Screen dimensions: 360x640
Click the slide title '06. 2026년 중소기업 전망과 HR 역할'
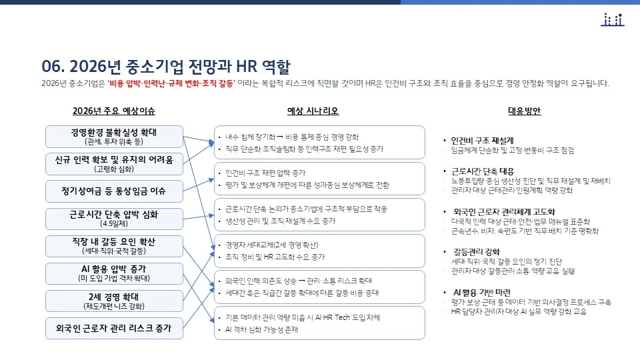(166, 66)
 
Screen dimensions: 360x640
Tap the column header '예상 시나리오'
(313, 111)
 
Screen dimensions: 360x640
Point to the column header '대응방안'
(525, 111)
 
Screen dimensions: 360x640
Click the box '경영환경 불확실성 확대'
(114, 136)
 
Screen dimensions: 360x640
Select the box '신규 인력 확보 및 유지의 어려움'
(114, 163)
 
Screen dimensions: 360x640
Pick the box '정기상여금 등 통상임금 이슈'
(114, 191)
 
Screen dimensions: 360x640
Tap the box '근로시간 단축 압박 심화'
(114, 218)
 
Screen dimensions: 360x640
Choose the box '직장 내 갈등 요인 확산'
(114, 245)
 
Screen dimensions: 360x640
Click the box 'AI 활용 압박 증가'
(114, 273)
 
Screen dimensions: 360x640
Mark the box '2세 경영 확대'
(114, 301)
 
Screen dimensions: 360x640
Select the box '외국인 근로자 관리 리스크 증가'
(114, 327)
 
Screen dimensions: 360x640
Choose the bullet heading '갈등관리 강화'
(476, 251)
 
